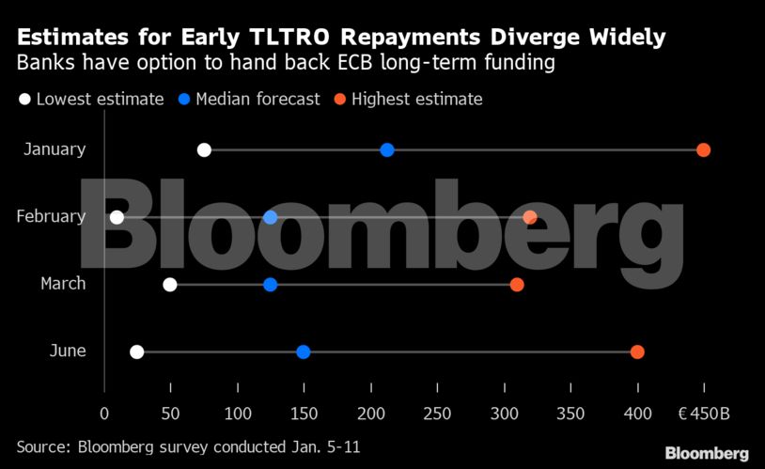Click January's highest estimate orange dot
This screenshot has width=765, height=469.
coord(703,150)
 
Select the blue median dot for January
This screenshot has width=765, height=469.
coord(387,150)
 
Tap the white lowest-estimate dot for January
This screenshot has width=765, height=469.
coord(204,150)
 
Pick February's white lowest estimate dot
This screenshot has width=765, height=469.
coord(117,217)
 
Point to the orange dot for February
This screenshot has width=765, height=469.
coord(530,217)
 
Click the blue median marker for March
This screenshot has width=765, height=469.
coord(271,285)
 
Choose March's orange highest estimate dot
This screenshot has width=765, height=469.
coord(517,285)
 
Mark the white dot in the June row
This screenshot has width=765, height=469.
coord(137,352)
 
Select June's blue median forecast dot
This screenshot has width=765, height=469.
coord(304,352)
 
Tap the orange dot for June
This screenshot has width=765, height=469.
coord(637,352)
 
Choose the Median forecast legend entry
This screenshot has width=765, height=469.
coord(257,99)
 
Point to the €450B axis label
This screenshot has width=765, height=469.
coord(704,414)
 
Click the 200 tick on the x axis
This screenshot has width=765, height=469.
coord(371,414)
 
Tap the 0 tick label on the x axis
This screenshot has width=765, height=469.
coord(104,414)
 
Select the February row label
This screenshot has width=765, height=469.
coord(51,217)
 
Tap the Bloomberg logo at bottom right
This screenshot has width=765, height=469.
coord(707,453)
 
